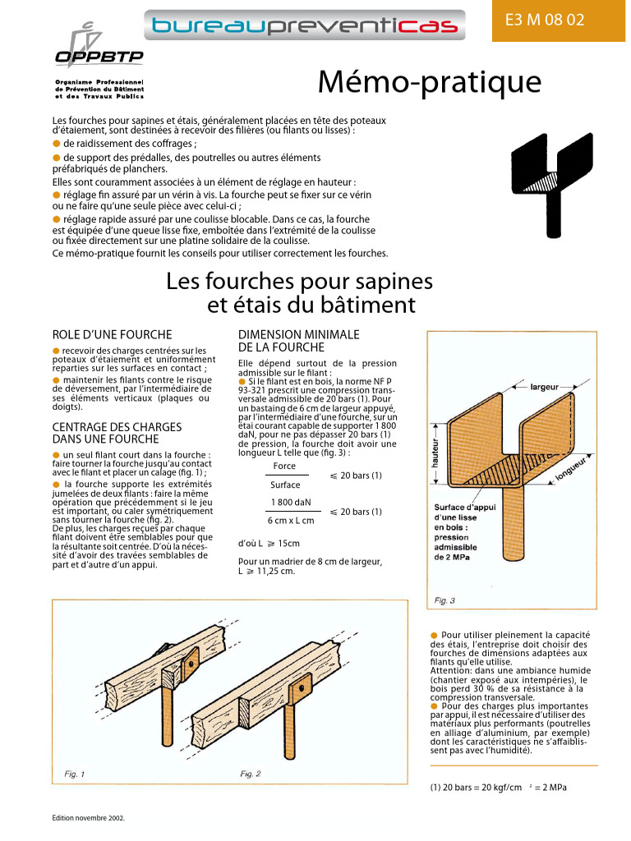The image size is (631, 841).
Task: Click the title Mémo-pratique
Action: (430, 83)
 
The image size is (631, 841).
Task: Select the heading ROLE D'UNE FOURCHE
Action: (112, 334)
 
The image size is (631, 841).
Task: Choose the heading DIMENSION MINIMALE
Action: (298, 334)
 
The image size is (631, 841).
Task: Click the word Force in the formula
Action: (284, 466)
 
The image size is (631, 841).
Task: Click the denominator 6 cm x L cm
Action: (290, 521)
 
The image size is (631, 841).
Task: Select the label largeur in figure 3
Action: (545, 385)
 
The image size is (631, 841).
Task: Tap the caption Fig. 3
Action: (444, 600)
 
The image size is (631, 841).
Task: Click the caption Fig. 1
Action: (75, 774)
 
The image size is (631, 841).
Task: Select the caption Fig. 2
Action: (250, 774)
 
